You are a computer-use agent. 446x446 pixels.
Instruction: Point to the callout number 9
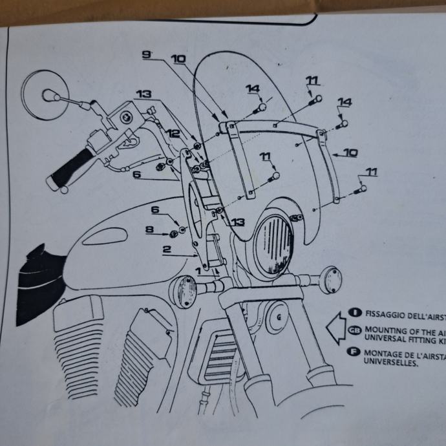coord(147,56)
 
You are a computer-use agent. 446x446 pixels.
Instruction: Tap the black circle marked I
coord(354,312)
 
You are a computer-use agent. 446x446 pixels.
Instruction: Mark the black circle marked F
coord(354,353)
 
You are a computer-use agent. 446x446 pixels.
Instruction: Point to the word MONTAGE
coord(386,354)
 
